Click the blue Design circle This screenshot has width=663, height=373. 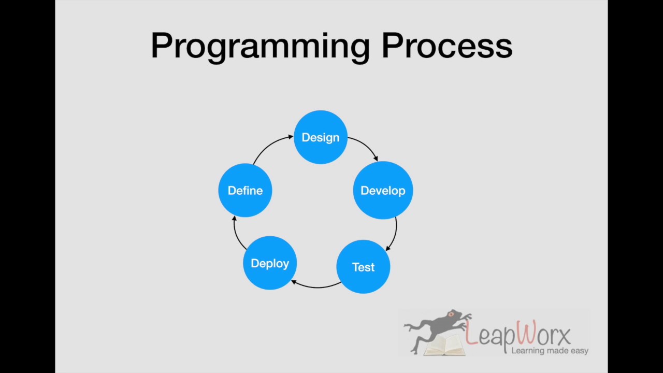(320, 137)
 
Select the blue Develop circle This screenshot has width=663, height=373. (383, 191)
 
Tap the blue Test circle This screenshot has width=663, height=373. (363, 267)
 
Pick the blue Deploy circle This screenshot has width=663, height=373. (270, 263)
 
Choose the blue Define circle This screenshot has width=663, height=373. (245, 191)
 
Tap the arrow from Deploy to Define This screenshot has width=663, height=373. (237, 233)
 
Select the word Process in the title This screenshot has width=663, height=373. (446, 46)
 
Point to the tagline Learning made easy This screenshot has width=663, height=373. (550, 351)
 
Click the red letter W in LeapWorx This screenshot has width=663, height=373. (527, 334)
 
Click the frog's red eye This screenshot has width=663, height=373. (451, 314)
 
